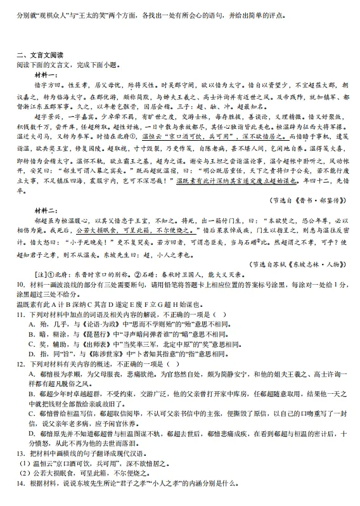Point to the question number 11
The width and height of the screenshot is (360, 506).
click(21, 313)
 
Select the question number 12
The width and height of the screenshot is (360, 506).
click(21, 365)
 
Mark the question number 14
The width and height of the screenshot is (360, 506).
click(21, 500)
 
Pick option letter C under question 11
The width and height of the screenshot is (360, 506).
click(32, 345)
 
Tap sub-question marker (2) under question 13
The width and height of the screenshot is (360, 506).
click(23, 491)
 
